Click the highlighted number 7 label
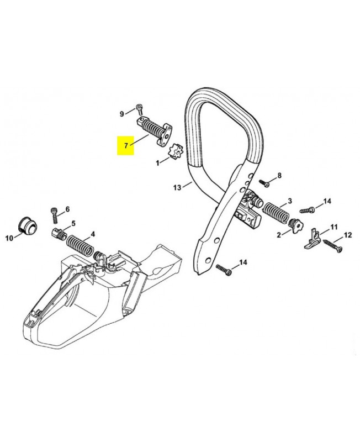pyautogui.click(x=126, y=146)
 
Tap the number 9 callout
pyautogui.click(x=122, y=114)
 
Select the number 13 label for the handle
pyautogui.click(x=177, y=188)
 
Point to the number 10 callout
pyautogui.click(x=9, y=238)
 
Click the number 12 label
pyautogui.click(x=348, y=236)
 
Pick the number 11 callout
pyautogui.click(x=334, y=227)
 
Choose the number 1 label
pyautogui.click(x=158, y=163)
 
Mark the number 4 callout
pyautogui.click(x=92, y=234)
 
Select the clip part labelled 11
pyautogui.click(x=312, y=237)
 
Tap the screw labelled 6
pyautogui.click(x=54, y=212)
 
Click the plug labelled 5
pyautogui.click(x=58, y=232)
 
